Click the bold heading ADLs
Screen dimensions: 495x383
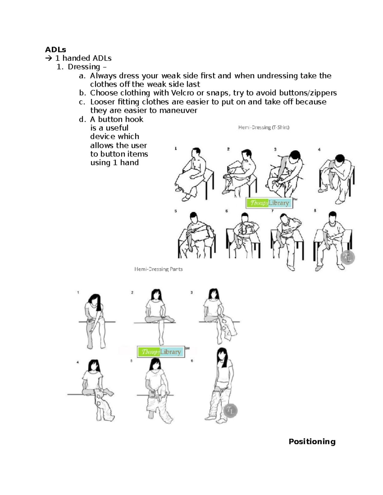point(55,49)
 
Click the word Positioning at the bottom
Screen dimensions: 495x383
point(312,441)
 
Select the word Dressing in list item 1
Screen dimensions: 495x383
point(84,67)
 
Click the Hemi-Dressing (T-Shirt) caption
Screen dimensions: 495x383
point(264,127)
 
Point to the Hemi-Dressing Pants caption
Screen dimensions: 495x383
point(158,269)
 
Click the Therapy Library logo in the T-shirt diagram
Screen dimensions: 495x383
point(269,203)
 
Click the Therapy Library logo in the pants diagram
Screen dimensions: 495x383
point(161,352)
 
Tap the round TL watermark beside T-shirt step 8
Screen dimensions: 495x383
point(348,258)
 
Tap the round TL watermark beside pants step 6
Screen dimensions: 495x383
point(230,411)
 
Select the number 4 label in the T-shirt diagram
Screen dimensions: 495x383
point(319,149)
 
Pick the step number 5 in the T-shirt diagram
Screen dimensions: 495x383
point(176,211)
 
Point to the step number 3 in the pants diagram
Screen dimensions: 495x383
point(191,292)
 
